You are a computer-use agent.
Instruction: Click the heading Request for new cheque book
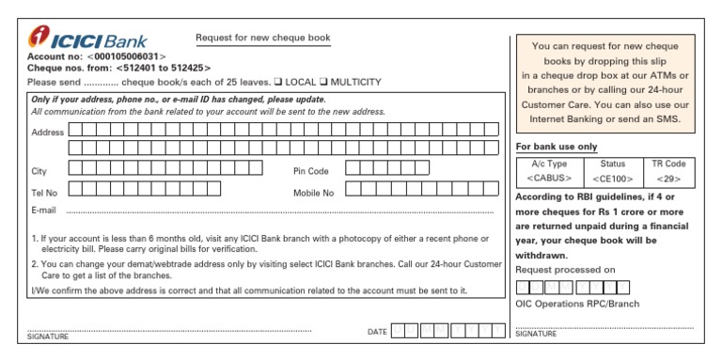(263, 39)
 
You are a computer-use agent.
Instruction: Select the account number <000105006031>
(126, 56)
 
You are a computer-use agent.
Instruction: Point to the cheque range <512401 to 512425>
(164, 69)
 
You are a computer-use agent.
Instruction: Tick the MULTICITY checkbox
(322, 82)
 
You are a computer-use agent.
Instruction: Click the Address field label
(47, 133)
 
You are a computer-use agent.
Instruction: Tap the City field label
(39, 171)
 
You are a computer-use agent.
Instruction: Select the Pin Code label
(311, 171)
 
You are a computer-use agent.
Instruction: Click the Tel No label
(44, 193)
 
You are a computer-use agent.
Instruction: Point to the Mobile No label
(314, 193)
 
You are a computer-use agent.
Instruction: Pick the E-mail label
(44, 211)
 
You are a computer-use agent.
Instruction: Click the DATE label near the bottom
(377, 332)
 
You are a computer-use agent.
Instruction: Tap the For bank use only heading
(557, 147)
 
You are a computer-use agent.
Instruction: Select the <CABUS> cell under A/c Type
(550, 178)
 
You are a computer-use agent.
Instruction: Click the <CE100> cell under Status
(612, 178)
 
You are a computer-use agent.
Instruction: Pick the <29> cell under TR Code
(668, 178)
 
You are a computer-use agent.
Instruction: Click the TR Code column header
(668, 164)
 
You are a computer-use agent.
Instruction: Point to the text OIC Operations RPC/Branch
(577, 304)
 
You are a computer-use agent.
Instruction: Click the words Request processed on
(565, 270)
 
